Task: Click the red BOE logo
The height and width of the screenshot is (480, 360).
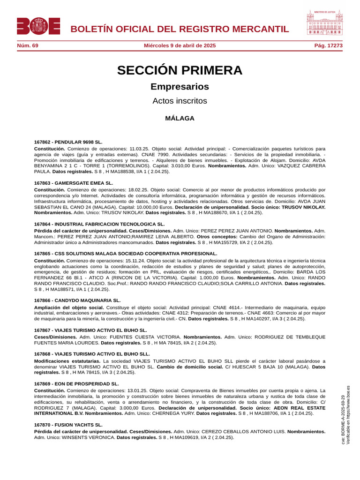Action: [38, 26]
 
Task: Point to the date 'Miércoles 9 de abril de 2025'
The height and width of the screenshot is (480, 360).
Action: [180, 46]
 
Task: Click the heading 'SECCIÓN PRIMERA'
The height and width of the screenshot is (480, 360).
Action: [180, 70]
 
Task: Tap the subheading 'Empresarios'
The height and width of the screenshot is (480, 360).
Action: [180, 87]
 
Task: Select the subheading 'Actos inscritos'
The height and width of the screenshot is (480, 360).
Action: [180, 101]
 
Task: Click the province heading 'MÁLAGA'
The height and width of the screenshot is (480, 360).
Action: [180, 119]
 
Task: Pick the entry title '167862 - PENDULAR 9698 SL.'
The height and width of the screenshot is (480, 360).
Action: [68, 142]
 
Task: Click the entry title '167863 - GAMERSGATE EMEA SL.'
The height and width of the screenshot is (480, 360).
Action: [74, 183]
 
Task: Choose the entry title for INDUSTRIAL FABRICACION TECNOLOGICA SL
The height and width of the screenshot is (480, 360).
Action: [99, 225]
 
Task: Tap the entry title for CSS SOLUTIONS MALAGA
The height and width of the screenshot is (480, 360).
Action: [126, 254]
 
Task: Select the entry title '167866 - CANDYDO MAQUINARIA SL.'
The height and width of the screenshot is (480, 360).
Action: [77, 300]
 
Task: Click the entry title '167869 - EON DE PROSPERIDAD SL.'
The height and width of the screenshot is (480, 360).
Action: [76, 383]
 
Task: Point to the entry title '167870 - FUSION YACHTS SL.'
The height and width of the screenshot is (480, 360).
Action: [68, 425]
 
